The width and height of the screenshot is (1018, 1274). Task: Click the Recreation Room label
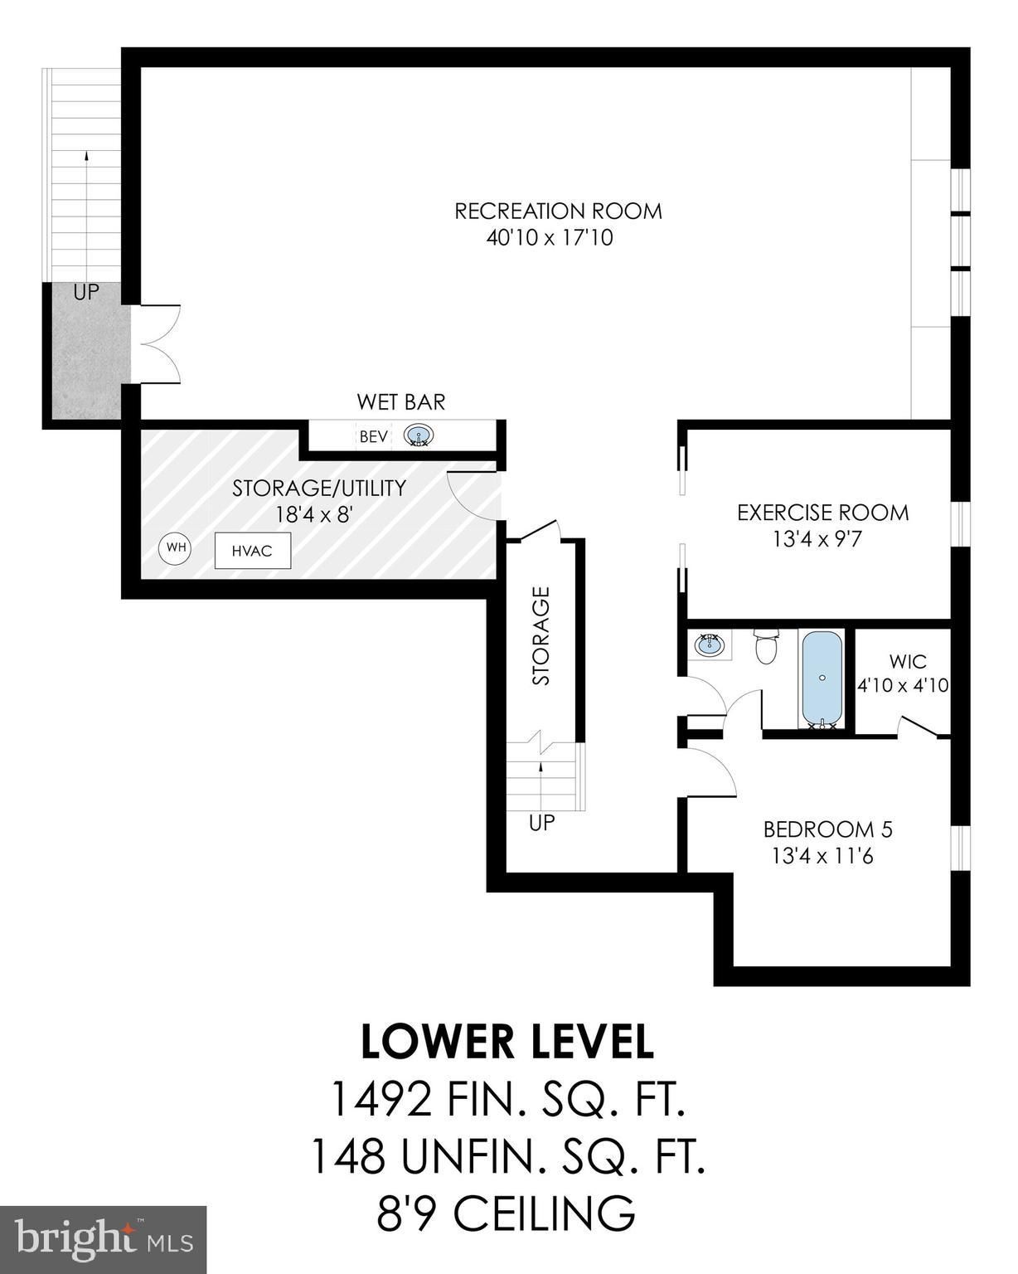coord(558,211)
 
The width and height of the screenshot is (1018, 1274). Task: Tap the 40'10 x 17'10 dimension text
coord(550,239)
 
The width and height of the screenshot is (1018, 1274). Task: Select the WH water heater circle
coord(176,547)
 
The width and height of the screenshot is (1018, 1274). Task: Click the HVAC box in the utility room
coord(252,551)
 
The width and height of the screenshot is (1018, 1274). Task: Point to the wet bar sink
coord(419,435)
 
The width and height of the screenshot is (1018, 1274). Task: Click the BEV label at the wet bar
coord(373,436)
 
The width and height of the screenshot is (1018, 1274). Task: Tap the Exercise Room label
coord(822,513)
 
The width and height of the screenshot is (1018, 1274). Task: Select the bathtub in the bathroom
coord(821,678)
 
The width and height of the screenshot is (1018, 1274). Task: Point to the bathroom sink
coord(709,644)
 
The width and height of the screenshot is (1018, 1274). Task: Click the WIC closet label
coord(908,662)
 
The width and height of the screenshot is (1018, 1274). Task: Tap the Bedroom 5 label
coord(827,829)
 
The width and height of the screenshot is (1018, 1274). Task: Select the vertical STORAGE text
coord(541,635)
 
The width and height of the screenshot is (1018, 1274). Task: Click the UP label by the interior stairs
coord(541,824)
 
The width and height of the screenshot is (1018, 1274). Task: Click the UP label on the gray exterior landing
coord(85,293)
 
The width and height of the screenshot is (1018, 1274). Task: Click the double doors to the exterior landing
coord(158,343)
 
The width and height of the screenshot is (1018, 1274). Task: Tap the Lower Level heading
coord(507,1043)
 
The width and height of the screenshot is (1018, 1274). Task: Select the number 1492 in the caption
coord(381,1101)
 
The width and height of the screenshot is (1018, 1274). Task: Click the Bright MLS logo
coord(103,1240)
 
